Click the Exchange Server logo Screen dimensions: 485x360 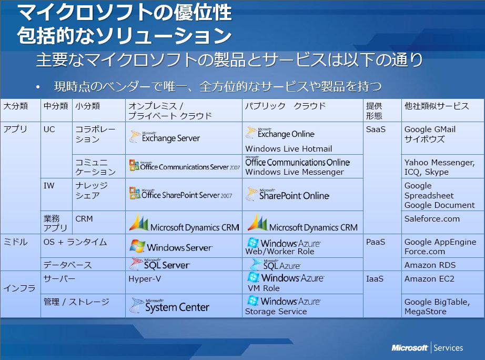click(x=165, y=137)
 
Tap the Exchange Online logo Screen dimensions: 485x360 click(x=280, y=133)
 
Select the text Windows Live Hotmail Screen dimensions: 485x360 click(x=289, y=149)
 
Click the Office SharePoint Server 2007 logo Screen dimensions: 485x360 click(x=180, y=194)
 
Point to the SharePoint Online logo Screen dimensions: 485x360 click(x=287, y=194)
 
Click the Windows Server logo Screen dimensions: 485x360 click(x=171, y=246)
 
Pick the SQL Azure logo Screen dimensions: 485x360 click(x=275, y=265)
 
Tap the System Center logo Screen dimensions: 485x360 click(x=169, y=305)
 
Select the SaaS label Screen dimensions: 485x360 click(x=376, y=129)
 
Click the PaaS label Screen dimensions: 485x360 click(x=376, y=242)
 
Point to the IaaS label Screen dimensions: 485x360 click(x=375, y=279)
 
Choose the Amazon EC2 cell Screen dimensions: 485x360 click(x=429, y=279)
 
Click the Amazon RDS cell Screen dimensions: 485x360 click(x=430, y=265)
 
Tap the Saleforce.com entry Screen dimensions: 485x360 click(x=432, y=219)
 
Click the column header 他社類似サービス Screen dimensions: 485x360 click(x=437, y=106)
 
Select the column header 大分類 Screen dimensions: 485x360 click(x=15, y=106)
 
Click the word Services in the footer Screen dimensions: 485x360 click(x=448, y=348)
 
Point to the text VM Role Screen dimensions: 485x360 click(x=264, y=288)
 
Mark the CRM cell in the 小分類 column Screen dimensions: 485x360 click(x=84, y=219)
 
